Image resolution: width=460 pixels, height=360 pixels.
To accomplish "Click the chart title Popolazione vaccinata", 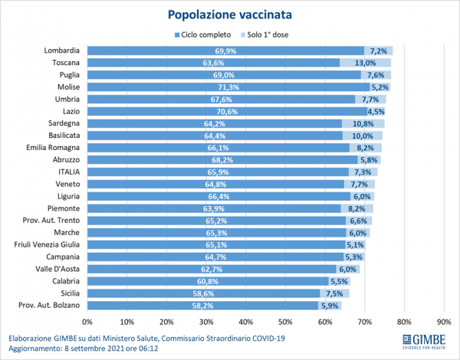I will point(230,14).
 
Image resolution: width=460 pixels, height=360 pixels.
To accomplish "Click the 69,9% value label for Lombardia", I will point(225,51).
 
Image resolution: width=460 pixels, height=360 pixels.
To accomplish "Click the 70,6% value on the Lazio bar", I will point(226,113).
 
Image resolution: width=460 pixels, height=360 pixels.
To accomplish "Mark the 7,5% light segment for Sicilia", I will point(334,293).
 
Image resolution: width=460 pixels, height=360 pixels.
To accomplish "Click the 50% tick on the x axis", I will point(285,321).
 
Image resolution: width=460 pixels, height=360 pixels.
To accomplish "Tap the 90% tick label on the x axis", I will point(444,321).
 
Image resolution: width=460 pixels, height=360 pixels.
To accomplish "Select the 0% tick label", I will point(87,321).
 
